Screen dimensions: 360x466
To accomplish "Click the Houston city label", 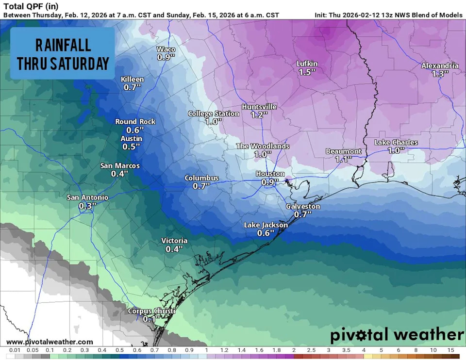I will (x=270, y=174).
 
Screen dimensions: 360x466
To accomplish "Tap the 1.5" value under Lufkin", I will (x=307, y=72).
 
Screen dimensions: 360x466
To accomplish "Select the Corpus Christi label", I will (x=151, y=311).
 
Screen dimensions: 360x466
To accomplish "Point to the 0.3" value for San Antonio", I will (x=87, y=206).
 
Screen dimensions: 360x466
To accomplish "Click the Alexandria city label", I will (x=440, y=65).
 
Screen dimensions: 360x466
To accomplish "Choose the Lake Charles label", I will (x=396, y=142).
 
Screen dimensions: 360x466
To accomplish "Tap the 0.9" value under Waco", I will (x=166, y=57).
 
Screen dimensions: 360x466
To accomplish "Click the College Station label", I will (x=214, y=114).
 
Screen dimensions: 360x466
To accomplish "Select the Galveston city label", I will (x=303, y=206).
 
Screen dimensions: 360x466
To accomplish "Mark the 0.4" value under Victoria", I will (x=174, y=249).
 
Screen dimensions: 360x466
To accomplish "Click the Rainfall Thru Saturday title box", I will (x=63, y=53).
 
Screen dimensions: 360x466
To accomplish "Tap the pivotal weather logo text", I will (x=397, y=335).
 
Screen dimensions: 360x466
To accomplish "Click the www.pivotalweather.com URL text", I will (x=50, y=342).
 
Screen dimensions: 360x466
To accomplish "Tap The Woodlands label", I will (x=263, y=146).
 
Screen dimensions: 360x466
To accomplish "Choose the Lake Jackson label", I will (x=266, y=225).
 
